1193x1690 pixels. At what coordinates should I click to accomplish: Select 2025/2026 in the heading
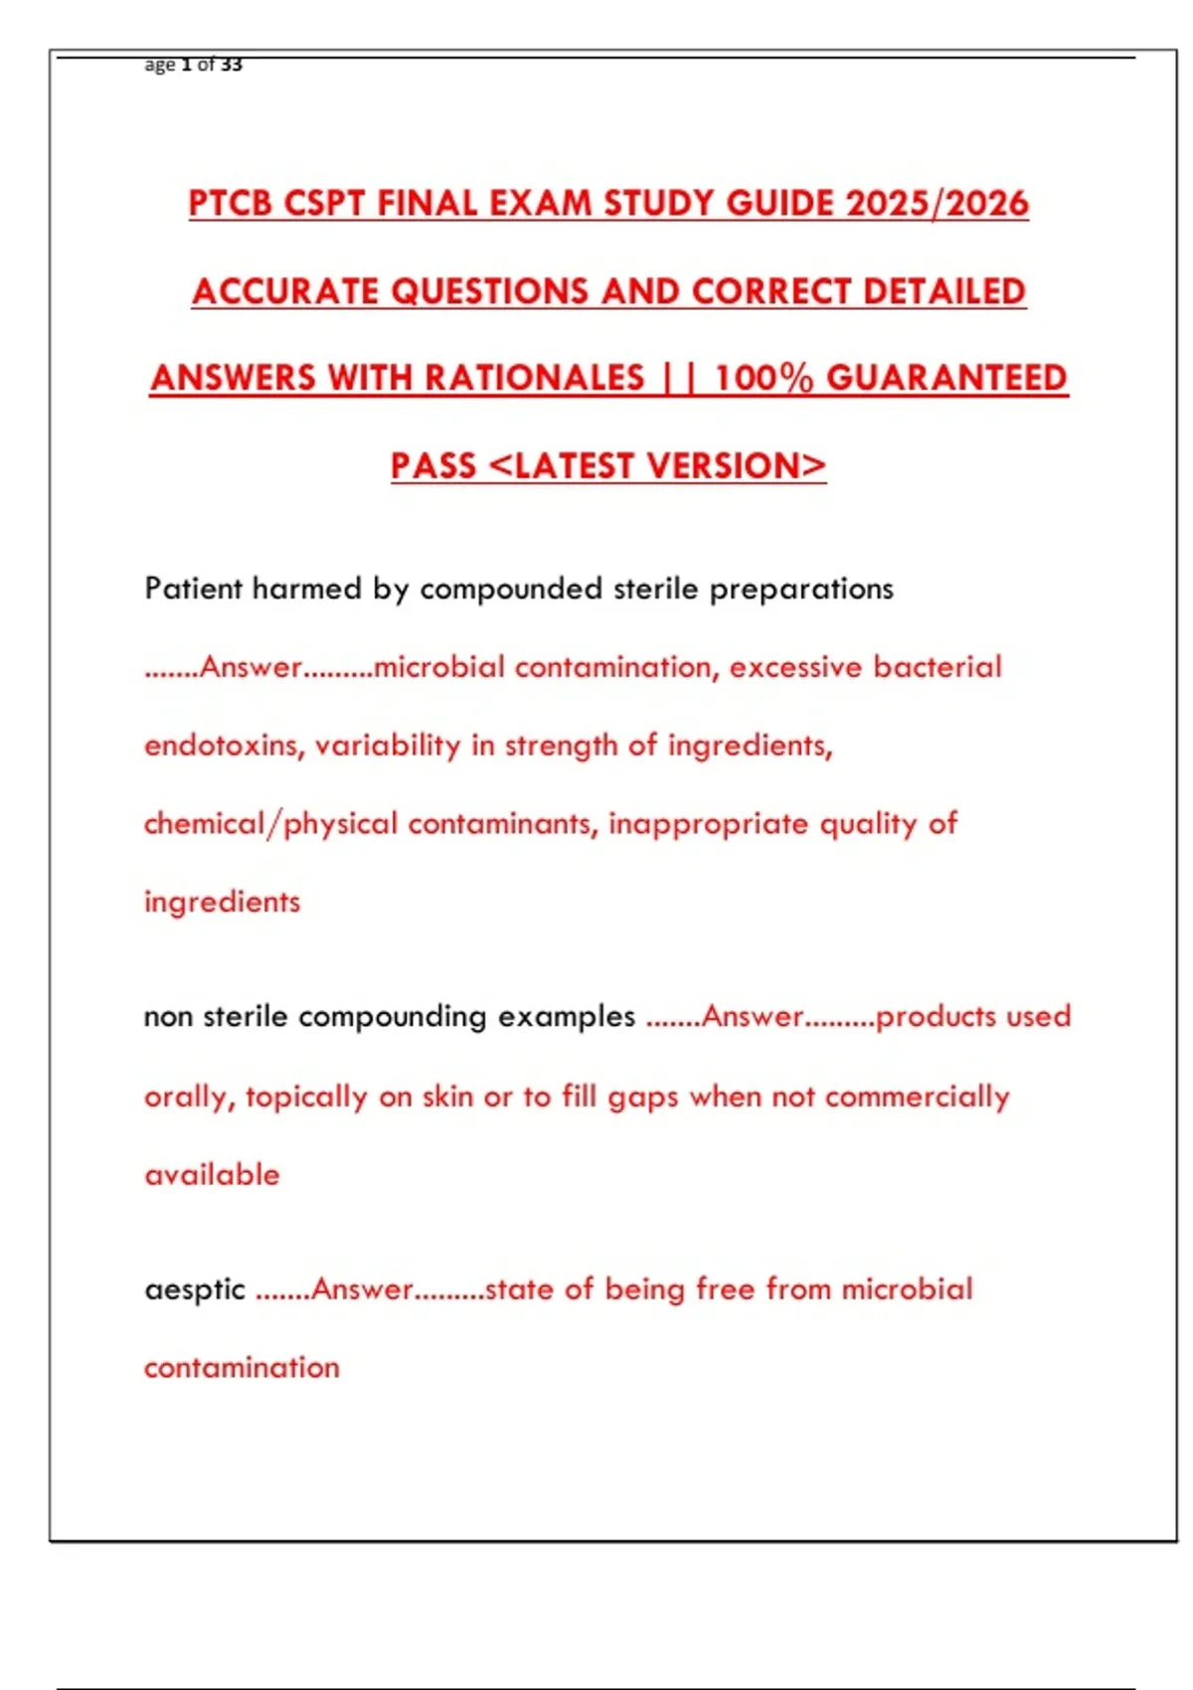click(x=937, y=204)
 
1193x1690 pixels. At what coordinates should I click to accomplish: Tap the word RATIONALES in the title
click(x=535, y=378)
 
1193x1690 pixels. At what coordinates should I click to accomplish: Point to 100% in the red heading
click(x=764, y=378)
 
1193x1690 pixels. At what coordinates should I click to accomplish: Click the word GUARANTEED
click(x=946, y=378)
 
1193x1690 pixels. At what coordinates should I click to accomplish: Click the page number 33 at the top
click(x=231, y=65)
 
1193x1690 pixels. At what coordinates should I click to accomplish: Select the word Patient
click(x=193, y=589)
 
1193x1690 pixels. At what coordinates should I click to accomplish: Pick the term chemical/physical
click(x=270, y=824)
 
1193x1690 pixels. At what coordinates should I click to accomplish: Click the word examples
click(x=566, y=1017)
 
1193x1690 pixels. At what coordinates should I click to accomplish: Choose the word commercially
click(x=917, y=1097)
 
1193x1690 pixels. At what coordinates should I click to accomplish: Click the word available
click(x=212, y=1175)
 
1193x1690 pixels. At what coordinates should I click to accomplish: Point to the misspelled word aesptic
click(x=194, y=1290)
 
